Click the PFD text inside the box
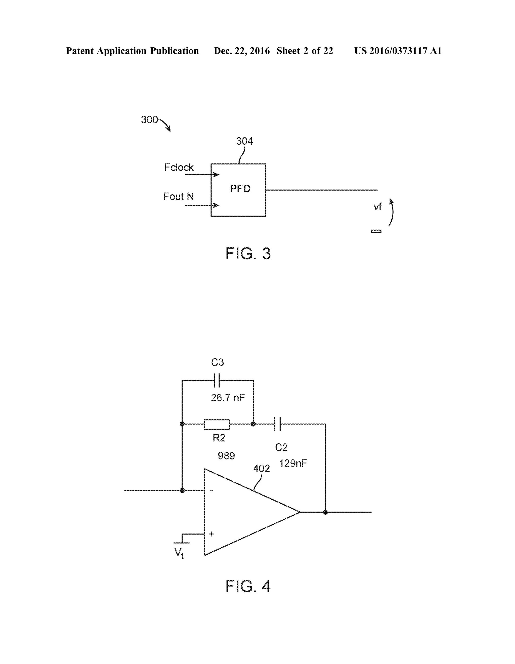coord(240,189)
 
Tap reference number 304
coord(244,141)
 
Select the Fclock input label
coord(179,167)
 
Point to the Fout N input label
coord(179,196)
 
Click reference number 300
coord(149,119)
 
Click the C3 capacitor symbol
coord(217,380)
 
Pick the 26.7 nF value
coord(228,398)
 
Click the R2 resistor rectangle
coord(217,424)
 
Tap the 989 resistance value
coord(226,456)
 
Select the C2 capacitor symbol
coord(277,424)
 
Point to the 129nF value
coord(293,463)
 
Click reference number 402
coord(261,469)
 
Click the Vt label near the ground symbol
coord(179,552)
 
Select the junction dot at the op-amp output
coord(325,512)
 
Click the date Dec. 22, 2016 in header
coord(241,51)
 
